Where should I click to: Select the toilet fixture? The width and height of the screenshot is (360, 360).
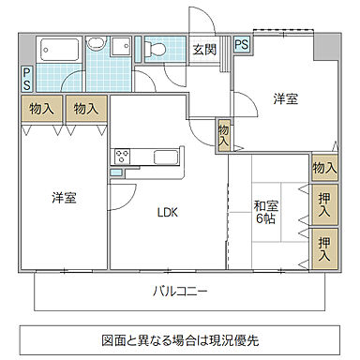[157, 47]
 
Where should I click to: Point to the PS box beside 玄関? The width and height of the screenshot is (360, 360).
[241, 44]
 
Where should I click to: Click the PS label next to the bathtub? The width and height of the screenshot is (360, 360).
[27, 78]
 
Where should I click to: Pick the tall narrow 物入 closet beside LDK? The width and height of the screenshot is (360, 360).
[224, 135]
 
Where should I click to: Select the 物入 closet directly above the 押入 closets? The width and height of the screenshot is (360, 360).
[323, 168]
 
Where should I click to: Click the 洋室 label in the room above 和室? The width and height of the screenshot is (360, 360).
[286, 97]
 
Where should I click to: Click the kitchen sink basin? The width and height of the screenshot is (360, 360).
[160, 157]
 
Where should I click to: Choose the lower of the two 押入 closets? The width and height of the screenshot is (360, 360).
[324, 247]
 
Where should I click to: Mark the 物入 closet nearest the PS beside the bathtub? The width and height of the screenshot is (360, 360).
[40, 109]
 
